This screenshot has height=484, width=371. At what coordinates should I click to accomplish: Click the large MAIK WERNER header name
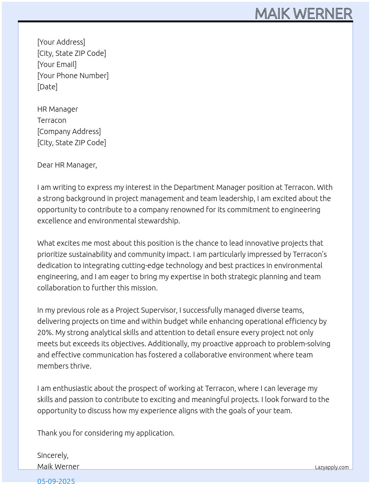coord(304,14)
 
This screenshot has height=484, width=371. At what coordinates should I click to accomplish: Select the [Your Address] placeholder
coord(61,42)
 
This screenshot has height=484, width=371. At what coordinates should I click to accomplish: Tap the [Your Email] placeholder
coord(57,64)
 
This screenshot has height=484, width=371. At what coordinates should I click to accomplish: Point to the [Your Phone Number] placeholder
coord(73,76)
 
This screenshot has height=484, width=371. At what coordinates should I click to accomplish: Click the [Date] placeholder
coord(47,87)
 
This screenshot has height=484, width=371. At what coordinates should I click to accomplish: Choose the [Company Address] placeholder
coord(69,131)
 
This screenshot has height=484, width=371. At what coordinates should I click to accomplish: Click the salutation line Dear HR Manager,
coord(67,165)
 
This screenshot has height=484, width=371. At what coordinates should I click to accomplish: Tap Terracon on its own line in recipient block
coord(52,120)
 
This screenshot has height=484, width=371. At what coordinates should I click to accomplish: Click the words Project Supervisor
coord(146,310)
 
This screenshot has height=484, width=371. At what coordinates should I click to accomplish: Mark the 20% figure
coord(45,332)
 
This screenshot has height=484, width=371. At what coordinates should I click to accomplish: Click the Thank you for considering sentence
coord(106,433)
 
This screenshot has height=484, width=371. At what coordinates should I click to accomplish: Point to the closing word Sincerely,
coord(53,455)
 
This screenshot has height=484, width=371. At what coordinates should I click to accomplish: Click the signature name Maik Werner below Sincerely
coord(58,467)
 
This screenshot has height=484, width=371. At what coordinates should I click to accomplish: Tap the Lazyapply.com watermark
coord(332,467)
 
